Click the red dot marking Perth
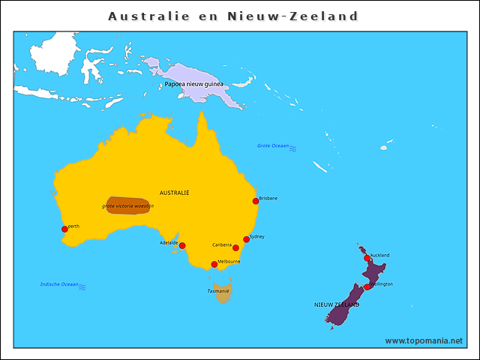[x=64, y=229]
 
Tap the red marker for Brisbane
[x=256, y=201]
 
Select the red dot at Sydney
[x=246, y=239]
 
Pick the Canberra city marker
[x=235, y=247]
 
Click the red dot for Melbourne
[x=214, y=264]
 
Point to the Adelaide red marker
[x=181, y=245]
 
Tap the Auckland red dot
[x=367, y=258]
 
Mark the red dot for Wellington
[x=367, y=286]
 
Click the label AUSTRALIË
[x=175, y=193]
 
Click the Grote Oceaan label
[x=273, y=145]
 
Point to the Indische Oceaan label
[x=58, y=284]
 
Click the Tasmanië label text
[x=218, y=290]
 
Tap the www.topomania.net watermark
[x=424, y=340]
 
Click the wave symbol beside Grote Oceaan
[x=293, y=148]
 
